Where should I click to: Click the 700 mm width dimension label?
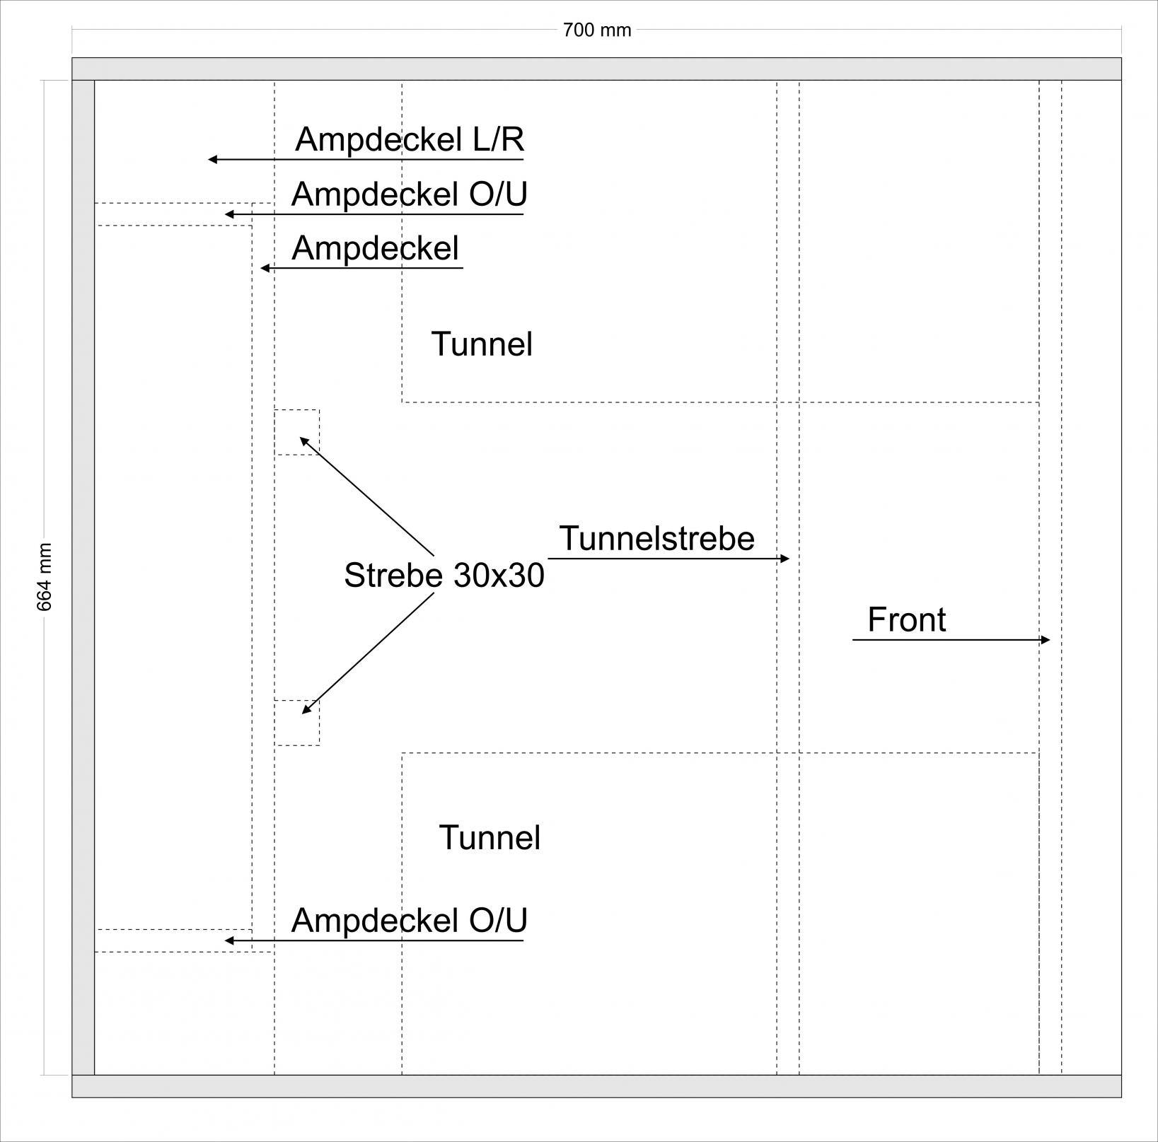pyautogui.click(x=597, y=30)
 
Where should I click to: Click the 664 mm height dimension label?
pyautogui.click(x=45, y=577)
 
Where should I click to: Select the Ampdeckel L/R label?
pyautogui.click(x=410, y=139)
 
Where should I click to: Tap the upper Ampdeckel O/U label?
pyautogui.click(x=409, y=194)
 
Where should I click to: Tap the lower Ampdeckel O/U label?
pyautogui.click(x=409, y=921)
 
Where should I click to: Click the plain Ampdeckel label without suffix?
pyautogui.click(x=375, y=248)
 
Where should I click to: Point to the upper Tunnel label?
pyautogui.click(x=482, y=344)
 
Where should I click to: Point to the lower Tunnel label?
pyautogui.click(x=490, y=838)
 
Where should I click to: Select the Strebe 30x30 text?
pyautogui.click(x=444, y=576)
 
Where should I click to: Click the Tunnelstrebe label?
pyautogui.click(x=656, y=539)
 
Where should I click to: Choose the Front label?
pyautogui.click(x=906, y=620)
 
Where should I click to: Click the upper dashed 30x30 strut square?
pyautogui.click(x=297, y=432)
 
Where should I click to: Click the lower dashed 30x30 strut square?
pyautogui.click(x=297, y=722)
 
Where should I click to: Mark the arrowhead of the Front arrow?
pyautogui.click(x=1046, y=640)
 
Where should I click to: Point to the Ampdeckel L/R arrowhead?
pyautogui.click(x=212, y=160)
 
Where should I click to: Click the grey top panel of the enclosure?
pyautogui.click(x=597, y=69)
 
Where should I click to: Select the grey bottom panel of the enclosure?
pyautogui.click(x=597, y=1086)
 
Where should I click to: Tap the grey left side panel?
pyautogui.click(x=83, y=577)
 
